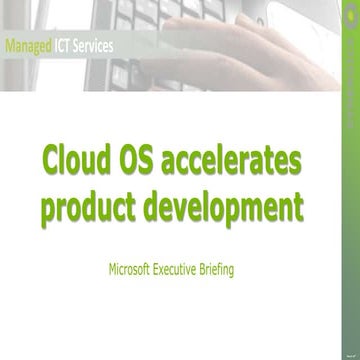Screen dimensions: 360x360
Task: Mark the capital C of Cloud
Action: pyautogui.click(x=51, y=161)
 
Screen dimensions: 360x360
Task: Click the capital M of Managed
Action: pyautogui.click(x=10, y=46)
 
